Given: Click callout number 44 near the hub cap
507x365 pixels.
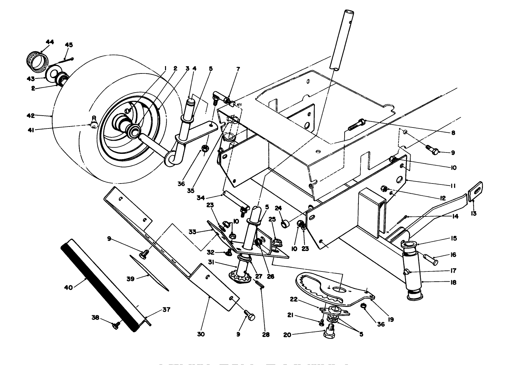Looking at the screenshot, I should [x=50, y=42].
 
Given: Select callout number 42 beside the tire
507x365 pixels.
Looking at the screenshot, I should [x=31, y=116].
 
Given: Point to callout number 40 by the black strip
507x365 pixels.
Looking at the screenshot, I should [x=69, y=288].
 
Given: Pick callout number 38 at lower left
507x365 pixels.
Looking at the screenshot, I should [x=95, y=318].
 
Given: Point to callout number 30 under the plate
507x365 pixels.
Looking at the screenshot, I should [x=201, y=334].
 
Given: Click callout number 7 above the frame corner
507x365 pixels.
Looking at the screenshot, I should [x=238, y=69].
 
